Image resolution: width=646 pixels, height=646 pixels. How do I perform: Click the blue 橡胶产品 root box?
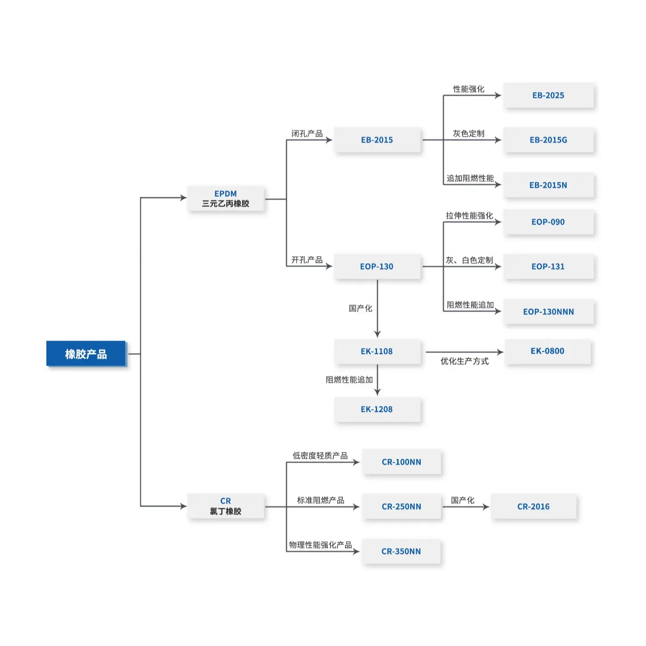86,354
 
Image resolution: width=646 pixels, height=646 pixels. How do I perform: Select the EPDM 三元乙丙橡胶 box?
226,199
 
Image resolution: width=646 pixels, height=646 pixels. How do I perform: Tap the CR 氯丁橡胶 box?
226,506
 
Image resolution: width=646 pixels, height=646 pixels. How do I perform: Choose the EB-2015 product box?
377,140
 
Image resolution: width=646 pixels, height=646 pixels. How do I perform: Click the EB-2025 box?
548,95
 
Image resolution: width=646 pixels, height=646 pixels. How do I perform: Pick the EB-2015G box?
548,140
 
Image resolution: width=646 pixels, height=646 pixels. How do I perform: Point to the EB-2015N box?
548,185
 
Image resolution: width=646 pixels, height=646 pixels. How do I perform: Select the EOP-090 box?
548,222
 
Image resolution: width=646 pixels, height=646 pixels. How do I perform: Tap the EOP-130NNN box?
548,312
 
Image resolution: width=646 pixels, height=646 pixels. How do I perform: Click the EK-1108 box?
377,351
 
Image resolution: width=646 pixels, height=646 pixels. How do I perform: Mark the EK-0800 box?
547,351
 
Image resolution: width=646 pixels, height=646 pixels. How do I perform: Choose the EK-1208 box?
377,409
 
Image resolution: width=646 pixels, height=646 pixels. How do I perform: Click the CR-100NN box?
401,462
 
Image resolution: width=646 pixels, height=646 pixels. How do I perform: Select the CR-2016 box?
533,506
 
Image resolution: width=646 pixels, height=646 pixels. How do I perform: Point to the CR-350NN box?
401,551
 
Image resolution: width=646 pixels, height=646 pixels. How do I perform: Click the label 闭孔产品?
307,133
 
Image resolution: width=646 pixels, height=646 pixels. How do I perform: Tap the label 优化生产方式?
465,361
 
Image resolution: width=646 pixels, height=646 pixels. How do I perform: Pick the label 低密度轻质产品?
320,455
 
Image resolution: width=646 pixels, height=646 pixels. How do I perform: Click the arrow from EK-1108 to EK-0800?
464,352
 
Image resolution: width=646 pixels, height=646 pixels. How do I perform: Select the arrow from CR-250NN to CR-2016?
465,507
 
